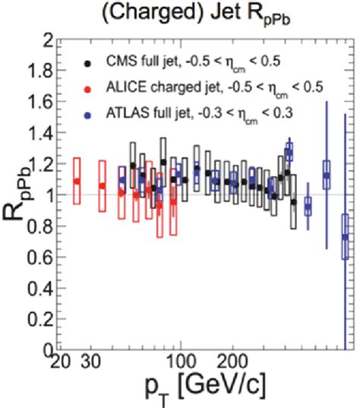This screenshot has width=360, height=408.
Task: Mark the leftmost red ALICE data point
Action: pyautogui.click(x=76, y=181)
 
